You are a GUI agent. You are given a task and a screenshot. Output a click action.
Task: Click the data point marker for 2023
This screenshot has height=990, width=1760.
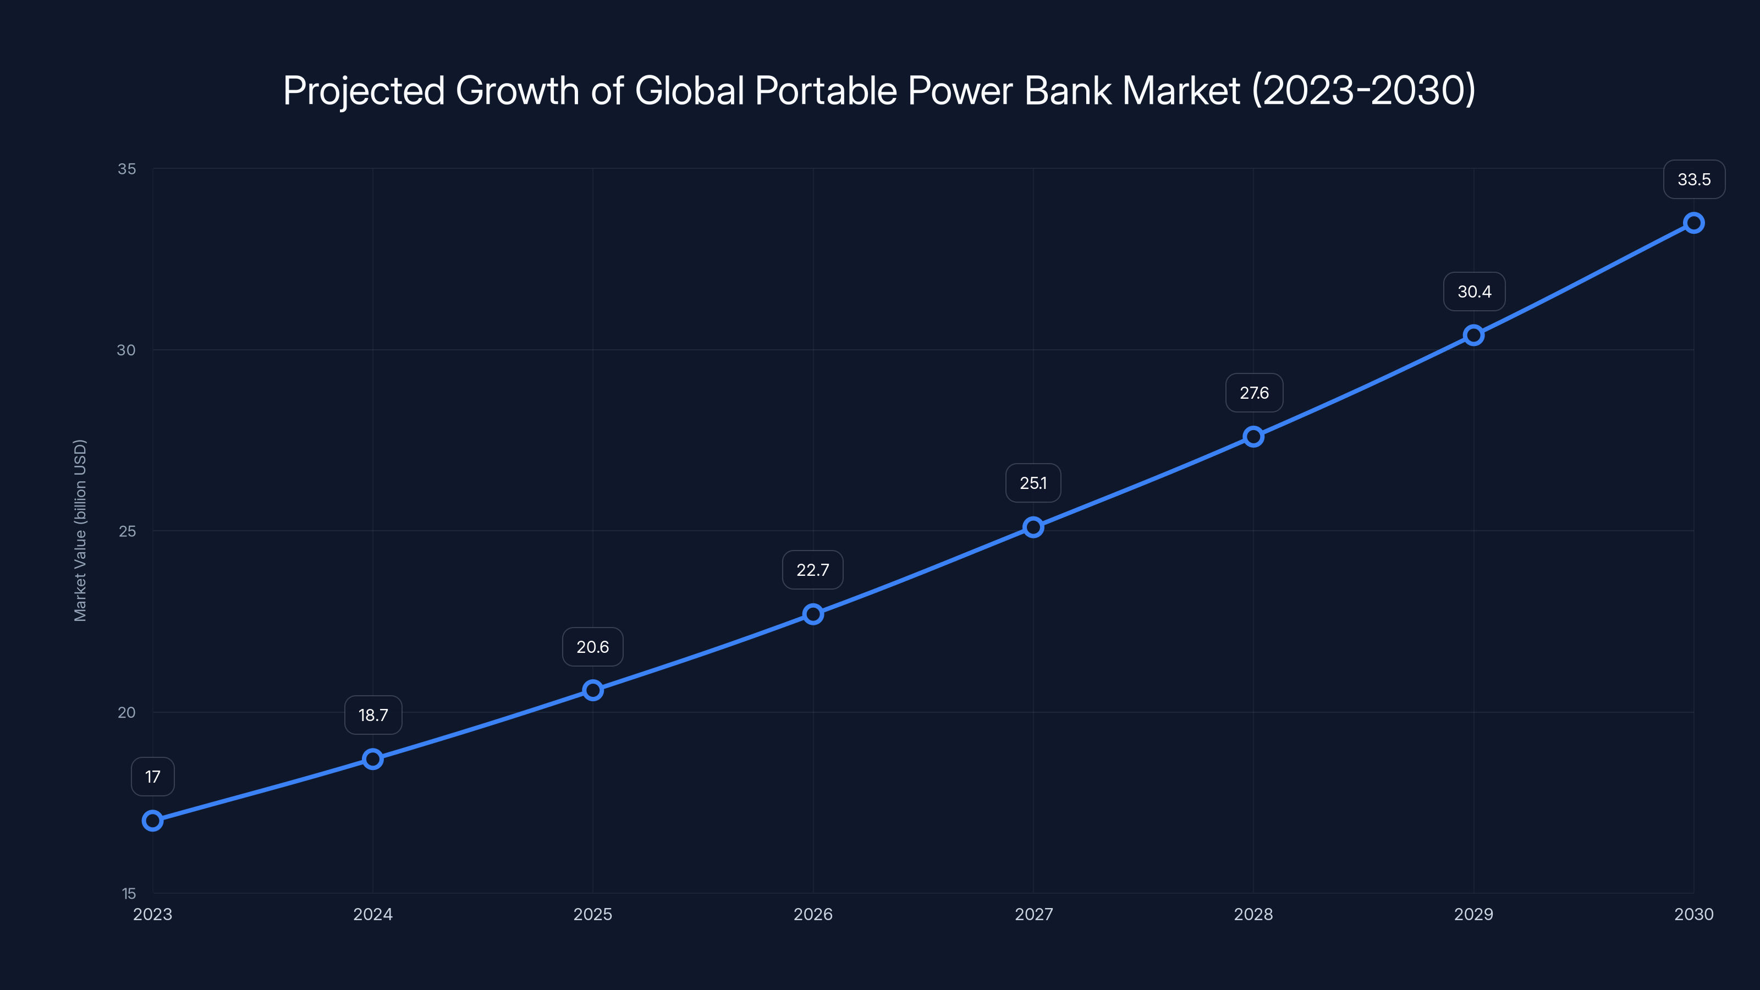152,821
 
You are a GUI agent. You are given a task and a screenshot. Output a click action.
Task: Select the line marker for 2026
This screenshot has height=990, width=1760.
813,614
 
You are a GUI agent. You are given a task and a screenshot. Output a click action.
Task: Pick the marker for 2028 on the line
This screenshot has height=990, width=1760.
1253,437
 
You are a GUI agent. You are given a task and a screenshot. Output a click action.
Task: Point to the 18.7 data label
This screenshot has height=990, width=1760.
373,716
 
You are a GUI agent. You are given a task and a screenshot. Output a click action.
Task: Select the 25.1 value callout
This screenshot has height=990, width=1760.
1033,483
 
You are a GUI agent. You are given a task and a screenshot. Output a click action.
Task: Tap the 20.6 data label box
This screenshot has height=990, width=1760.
592,647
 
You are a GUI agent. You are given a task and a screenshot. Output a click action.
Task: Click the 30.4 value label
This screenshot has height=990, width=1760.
1474,291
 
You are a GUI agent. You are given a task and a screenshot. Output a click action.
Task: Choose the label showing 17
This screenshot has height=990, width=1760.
152,777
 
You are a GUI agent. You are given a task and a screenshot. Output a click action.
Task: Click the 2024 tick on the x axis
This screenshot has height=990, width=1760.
373,914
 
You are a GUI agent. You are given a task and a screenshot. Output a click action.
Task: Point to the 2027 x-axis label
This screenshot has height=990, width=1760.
1033,914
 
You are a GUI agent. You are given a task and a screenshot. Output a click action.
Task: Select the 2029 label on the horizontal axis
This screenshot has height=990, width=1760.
1474,914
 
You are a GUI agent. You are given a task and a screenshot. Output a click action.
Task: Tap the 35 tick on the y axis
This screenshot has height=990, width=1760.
127,169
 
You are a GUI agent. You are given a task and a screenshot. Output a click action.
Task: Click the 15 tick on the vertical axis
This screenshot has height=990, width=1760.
129,894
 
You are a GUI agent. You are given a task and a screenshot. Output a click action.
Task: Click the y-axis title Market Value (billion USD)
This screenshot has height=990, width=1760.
80,530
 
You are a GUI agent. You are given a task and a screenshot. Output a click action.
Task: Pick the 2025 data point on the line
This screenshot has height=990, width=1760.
592,690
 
